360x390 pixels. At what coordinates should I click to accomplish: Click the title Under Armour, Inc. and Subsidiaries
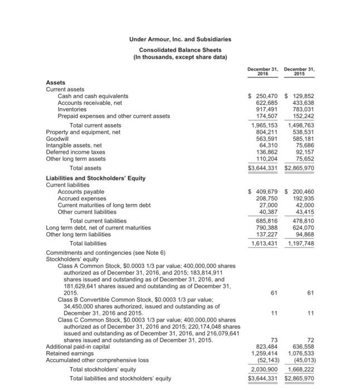[180, 39]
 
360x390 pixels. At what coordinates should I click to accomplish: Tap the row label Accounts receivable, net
[90, 103]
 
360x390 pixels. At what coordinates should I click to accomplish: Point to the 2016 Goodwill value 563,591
[266, 139]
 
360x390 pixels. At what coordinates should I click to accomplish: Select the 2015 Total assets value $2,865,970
[299, 167]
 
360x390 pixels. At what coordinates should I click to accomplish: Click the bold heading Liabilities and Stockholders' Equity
[95, 178]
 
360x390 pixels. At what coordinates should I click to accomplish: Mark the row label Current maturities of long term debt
[104, 205]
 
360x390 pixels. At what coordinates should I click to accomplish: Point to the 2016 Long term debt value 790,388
[266, 227]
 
